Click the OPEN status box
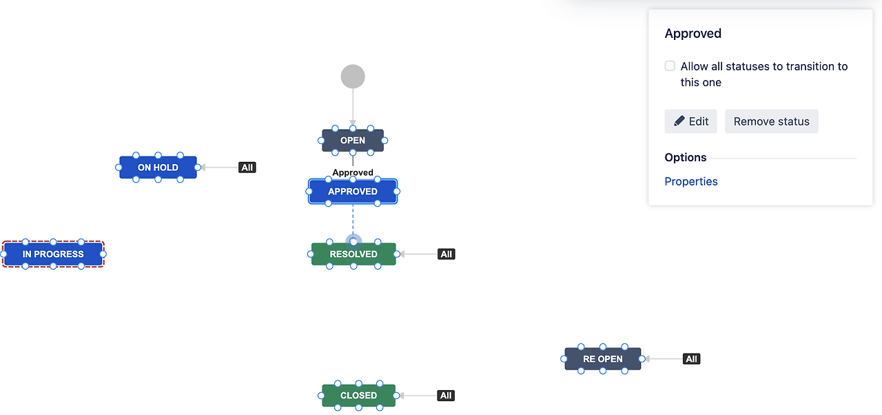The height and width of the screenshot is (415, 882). pos(353,141)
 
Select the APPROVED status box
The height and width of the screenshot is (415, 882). pos(353,192)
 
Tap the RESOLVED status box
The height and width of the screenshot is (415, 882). pos(353,254)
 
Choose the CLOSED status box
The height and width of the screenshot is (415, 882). pos(358,396)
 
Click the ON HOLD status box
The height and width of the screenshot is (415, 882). pos(158,168)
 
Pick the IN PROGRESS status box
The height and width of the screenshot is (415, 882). pos(53,254)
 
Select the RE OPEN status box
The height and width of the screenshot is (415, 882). pos(602,359)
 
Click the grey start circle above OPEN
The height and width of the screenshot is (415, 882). pos(353,77)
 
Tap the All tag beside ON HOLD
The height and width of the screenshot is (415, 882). pos(247,168)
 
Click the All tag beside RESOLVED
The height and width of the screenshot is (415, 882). pos(447,254)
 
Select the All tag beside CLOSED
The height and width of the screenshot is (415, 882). pos(446,396)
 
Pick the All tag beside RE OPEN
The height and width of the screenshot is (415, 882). pos(692,359)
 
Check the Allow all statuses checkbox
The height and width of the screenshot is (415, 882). pos(670,66)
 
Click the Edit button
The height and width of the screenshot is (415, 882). pos(691,121)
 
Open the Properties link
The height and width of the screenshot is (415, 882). pos(691,181)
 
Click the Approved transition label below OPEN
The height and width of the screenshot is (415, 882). pos(353,172)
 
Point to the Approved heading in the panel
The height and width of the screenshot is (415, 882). pos(693,34)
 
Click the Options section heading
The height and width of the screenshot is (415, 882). pos(686,158)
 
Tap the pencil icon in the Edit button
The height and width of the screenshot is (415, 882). pos(679,121)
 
